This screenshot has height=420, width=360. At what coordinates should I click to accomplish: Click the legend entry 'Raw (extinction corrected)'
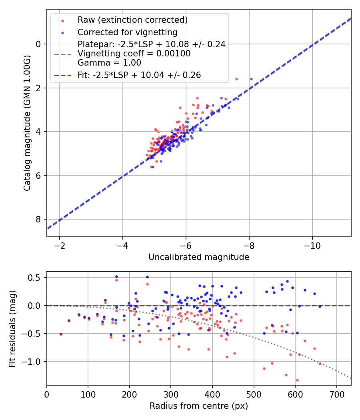[x=132, y=20]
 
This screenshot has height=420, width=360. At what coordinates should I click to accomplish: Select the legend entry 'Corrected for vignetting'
[x=127, y=32]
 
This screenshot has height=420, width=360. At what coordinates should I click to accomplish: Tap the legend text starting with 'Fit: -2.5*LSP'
[x=139, y=75]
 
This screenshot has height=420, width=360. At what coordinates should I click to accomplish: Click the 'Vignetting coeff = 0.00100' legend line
[x=134, y=54]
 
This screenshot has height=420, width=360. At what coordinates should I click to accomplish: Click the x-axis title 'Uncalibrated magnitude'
[x=199, y=257]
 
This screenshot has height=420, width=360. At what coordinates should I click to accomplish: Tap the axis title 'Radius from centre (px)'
[x=199, y=406]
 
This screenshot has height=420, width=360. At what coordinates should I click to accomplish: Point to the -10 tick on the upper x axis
[x=312, y=245]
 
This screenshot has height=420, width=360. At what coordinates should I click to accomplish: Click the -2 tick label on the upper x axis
[x=60, y=245]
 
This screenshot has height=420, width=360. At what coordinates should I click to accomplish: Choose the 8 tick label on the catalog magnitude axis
[x=38, y=219]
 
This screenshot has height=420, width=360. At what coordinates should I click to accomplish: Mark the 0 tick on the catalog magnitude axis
[x=38, y=44]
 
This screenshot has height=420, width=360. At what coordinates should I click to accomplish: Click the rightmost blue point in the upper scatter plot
[x=251, y=79]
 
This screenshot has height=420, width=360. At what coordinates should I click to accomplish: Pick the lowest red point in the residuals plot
[x=297, y=380]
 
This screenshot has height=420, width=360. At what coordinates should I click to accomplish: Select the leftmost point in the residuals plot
[x=61, y=334]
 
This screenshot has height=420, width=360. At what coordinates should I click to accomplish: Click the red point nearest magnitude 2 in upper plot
[x=236, y=79]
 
